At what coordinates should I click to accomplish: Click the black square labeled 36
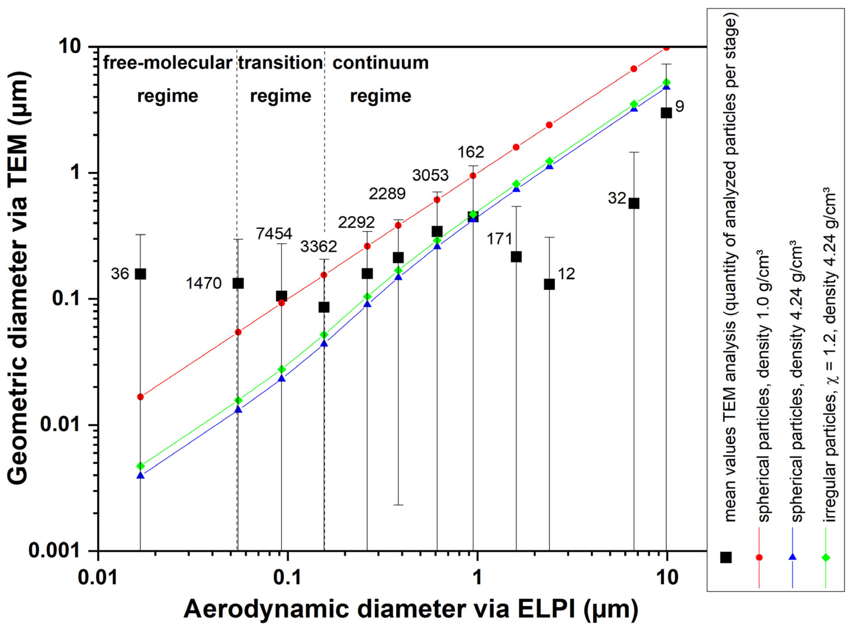coord(140,274)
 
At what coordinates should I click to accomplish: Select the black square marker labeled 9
coord(666,113)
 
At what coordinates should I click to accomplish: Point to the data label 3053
coord(430,175)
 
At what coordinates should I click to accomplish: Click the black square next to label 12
coord(549,284)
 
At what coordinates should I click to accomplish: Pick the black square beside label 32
coord(634,204)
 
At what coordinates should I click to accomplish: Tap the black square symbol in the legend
coord(726,557)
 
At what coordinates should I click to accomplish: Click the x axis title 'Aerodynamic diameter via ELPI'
coord(411,610)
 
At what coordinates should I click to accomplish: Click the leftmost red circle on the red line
coord(140,397)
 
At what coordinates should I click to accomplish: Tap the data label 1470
coord(204,283)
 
